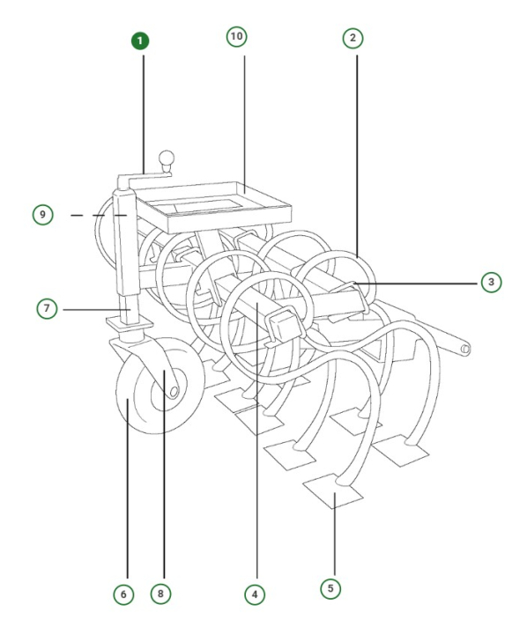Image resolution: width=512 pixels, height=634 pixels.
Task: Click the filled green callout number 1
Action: (142, 41)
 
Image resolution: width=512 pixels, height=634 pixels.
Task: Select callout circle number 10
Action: (236, 36)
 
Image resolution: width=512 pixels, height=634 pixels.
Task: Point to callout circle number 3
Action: (491, 282)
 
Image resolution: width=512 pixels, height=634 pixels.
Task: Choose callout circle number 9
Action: (41, 214)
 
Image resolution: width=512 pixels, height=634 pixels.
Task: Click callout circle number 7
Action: (47, 309)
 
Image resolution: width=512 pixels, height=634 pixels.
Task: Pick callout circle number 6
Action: (123, 594)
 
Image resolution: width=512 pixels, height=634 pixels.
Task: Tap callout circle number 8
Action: (160, 594)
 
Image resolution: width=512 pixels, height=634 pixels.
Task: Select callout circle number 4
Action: (255, 594)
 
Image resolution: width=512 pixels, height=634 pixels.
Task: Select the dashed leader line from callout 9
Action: (89, 214)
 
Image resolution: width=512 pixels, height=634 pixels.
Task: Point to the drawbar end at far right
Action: (464, 350)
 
